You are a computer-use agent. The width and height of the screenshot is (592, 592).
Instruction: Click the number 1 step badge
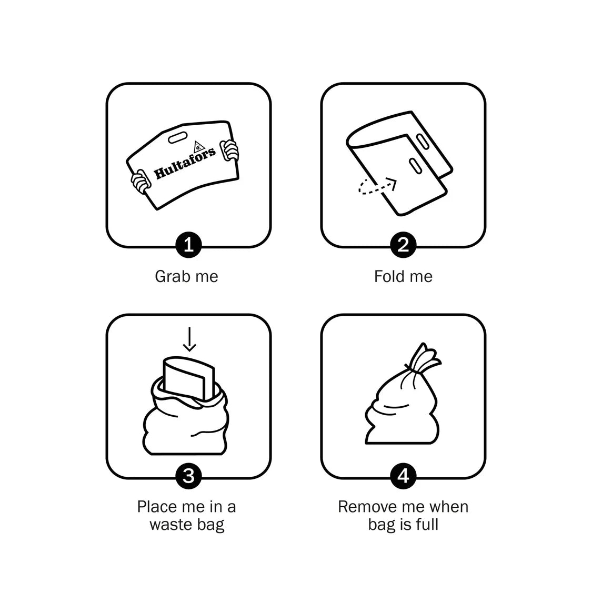point(189,245)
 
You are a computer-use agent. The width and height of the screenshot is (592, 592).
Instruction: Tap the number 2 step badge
point(403,245)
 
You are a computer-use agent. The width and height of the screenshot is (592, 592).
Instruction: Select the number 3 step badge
point(189,476)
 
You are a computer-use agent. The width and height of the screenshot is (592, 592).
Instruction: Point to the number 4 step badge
point(403,476)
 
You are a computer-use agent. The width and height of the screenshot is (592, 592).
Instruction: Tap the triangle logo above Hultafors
point(198,146)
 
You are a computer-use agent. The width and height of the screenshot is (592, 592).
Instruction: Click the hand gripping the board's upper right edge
point(229,150)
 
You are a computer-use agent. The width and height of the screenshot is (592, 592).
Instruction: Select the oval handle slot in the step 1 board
point(178,138)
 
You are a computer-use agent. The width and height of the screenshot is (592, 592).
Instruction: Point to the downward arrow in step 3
point(189,339)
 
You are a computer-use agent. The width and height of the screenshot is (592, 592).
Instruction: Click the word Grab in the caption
point(170,277)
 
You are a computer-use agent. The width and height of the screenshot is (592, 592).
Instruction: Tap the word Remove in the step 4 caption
point(363,507)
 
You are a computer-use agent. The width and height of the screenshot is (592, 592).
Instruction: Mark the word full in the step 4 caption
point(428,525)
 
